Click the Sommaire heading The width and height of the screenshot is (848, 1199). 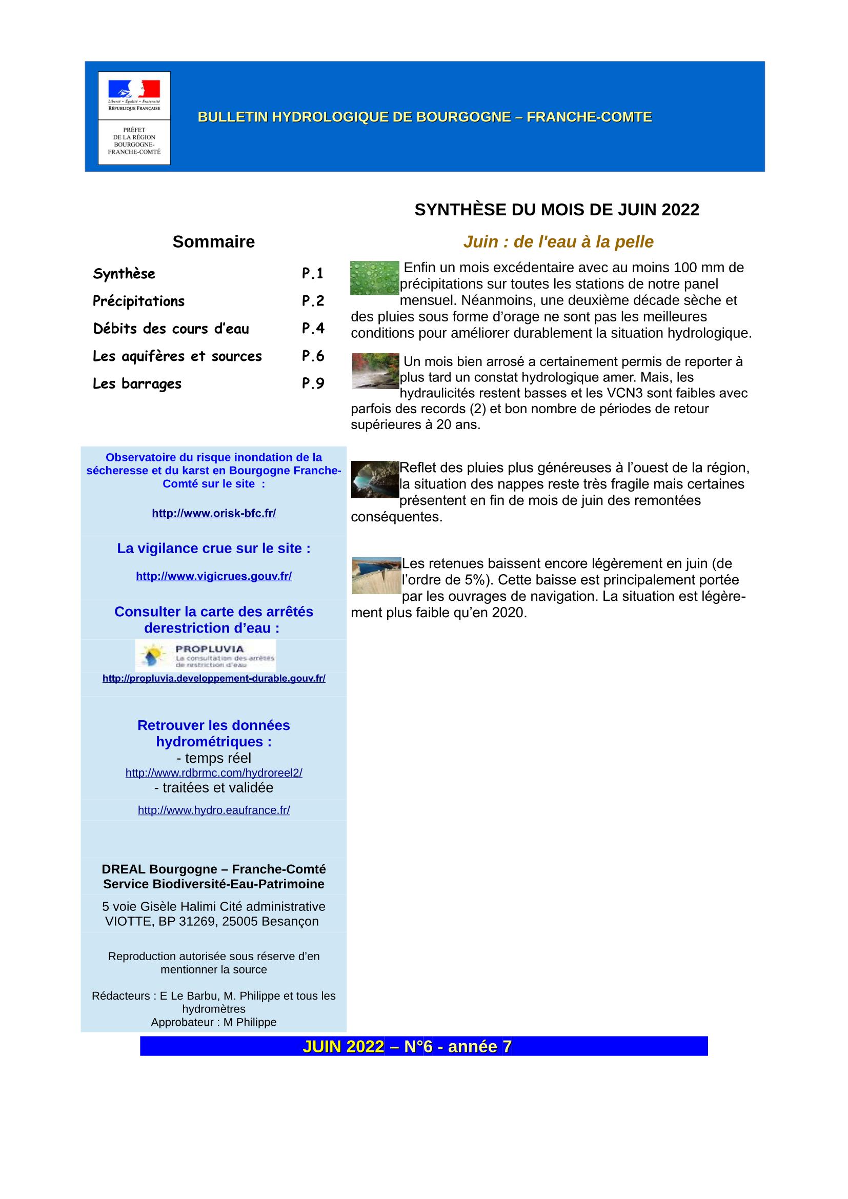[x=214, y=242]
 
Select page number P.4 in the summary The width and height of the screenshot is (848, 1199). [x=313, y=328]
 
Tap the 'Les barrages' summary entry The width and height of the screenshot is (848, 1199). [x=137, y=383]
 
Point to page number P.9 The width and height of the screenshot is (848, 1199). [x=313, y=383]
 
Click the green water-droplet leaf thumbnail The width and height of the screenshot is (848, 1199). [x=374, y=278]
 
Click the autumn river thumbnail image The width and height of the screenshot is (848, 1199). [x=375, y=371]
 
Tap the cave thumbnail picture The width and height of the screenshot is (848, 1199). [x=375, y=479]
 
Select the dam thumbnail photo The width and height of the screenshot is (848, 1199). [x=376, y=576]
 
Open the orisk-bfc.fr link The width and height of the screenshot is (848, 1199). [x=214, y=513]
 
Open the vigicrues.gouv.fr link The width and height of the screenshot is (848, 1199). [x=214, y=576]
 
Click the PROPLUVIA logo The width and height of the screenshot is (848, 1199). [x=206, y=656]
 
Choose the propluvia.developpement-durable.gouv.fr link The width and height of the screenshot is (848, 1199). [x=214, y=678]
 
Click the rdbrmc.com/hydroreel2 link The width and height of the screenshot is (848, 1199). [x=214, y=773]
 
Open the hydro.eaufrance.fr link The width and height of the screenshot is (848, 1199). [x=214, y=810]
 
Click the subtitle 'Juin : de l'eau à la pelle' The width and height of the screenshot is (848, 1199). [x=558, y=242]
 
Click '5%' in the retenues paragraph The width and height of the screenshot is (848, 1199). [x=471, y=580]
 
